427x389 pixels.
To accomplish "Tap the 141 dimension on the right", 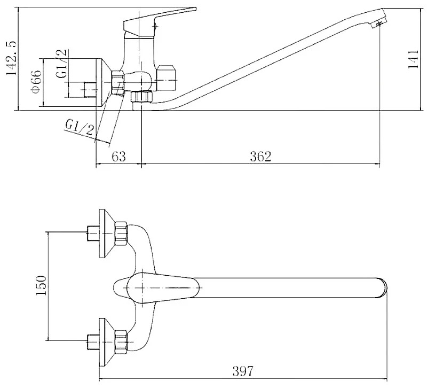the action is [414, 59].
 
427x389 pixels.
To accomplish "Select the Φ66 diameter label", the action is [36, 82].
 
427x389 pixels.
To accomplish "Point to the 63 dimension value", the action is [118, 157].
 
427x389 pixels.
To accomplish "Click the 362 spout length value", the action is [260, 157].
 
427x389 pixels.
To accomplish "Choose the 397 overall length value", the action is [243, 371].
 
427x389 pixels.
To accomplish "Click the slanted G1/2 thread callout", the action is [80, 128].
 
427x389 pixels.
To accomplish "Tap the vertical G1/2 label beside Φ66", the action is [61, 64].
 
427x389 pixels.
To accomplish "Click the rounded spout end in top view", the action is [383, 287].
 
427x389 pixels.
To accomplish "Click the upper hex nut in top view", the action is [121, 234].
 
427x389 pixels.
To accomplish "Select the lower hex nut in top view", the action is [121, 342].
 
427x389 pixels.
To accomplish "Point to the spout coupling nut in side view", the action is [141, 97].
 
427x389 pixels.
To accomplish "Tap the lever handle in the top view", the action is [163, 287].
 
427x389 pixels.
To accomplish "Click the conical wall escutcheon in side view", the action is [104, 82].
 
